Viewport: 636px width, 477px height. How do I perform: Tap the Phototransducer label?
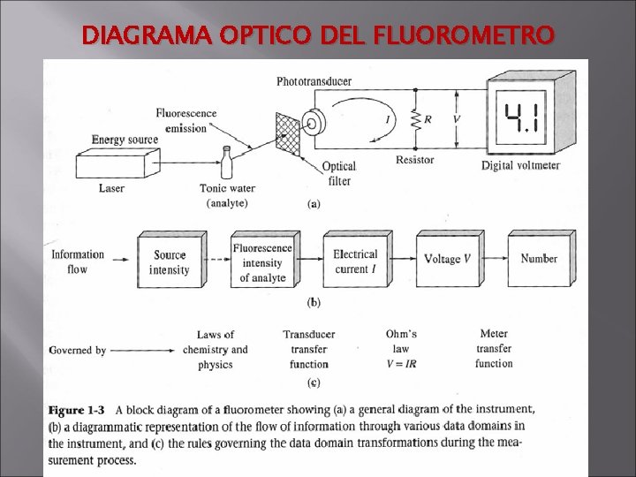tap(314, 81)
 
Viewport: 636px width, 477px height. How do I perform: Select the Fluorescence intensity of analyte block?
tap(262, 261)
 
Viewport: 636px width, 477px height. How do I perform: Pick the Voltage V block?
tap(448, 259)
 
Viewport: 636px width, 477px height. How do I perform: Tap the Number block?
tap(539, 258)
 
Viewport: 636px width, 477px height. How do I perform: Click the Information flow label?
tap(78, 261)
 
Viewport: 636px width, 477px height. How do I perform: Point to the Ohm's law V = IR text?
tap(401, 348)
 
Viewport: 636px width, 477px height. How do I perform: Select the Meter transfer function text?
tap(493, 348)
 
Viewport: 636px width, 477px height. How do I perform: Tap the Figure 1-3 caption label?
tap(77, 410)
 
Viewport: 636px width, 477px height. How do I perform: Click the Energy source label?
tap(125, 140)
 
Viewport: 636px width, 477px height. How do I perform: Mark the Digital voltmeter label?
tap(520, 165)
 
